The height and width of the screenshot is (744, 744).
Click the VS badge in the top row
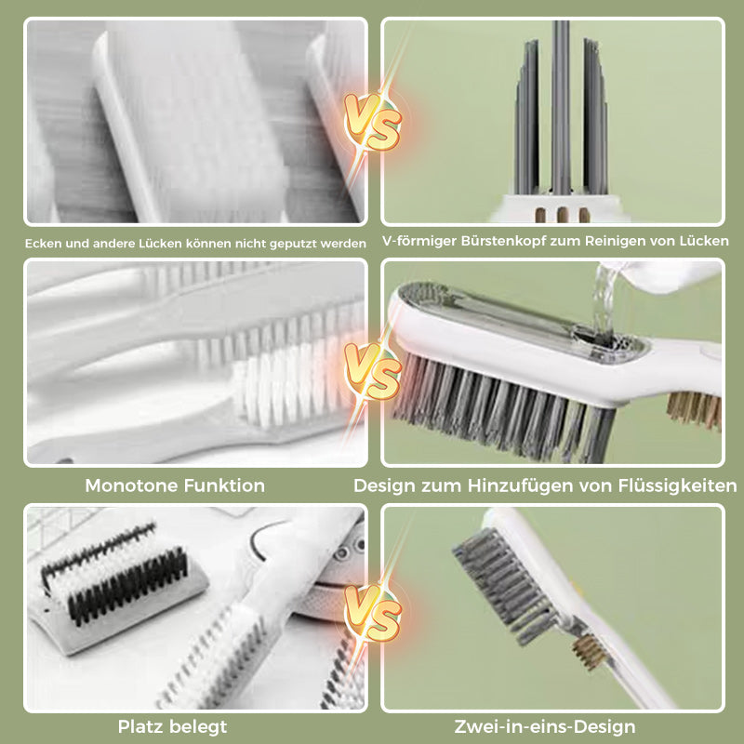click(x=373, y=122)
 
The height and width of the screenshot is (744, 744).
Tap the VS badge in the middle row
click(x=373, y=371)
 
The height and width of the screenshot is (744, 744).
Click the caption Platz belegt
click(x=172, y=726)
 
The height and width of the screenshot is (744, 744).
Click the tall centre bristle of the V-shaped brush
click(x=561, y=102)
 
